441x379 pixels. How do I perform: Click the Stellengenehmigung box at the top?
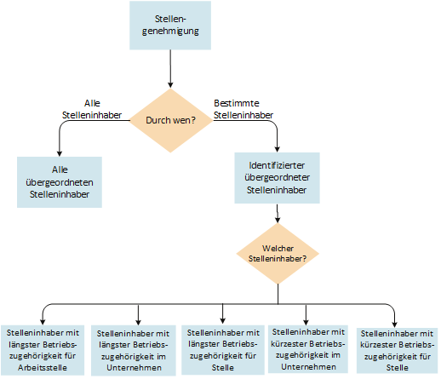pyautogui.click(x=171, y=26)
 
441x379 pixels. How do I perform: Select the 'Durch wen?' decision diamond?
pyautogui.click(x=171, y=120)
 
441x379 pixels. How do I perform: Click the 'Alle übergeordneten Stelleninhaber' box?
pyautogui.click(x=59, y=181)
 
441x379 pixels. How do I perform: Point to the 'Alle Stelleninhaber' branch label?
pyautogui.click(x=92, y=108)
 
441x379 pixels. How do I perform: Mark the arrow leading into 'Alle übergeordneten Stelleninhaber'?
pyautogui.click(x=59, y=141)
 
